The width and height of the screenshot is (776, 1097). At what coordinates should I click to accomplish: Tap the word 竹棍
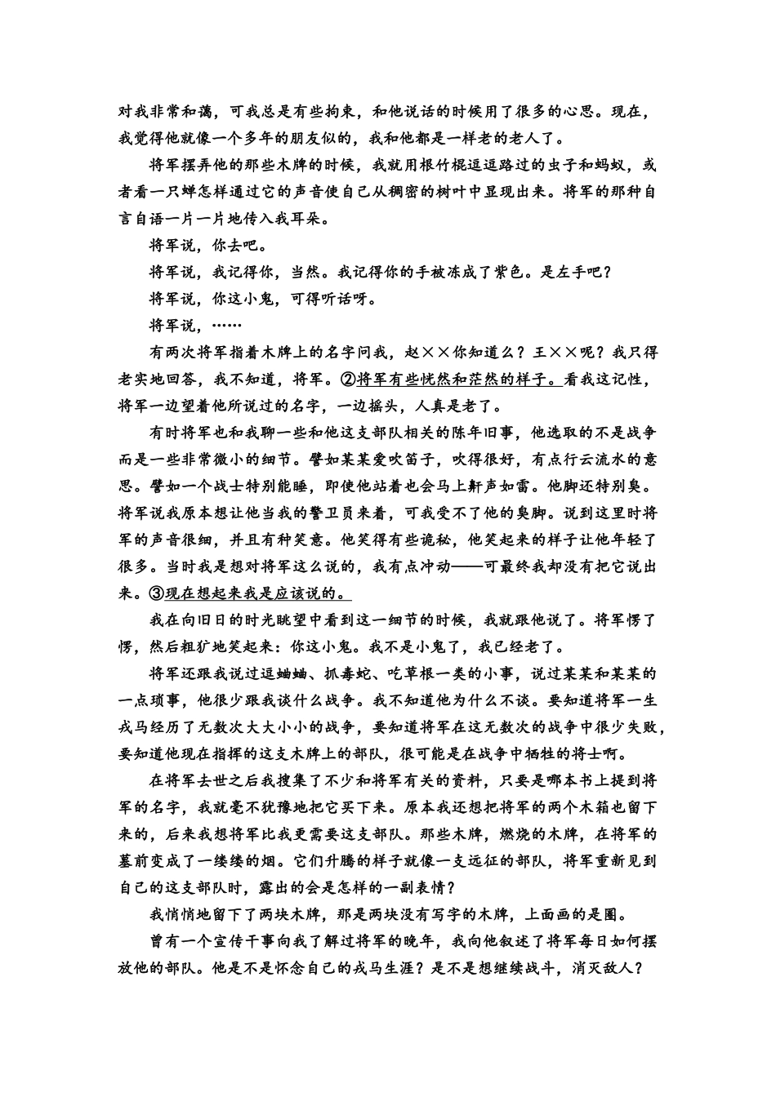coord(453,165)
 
